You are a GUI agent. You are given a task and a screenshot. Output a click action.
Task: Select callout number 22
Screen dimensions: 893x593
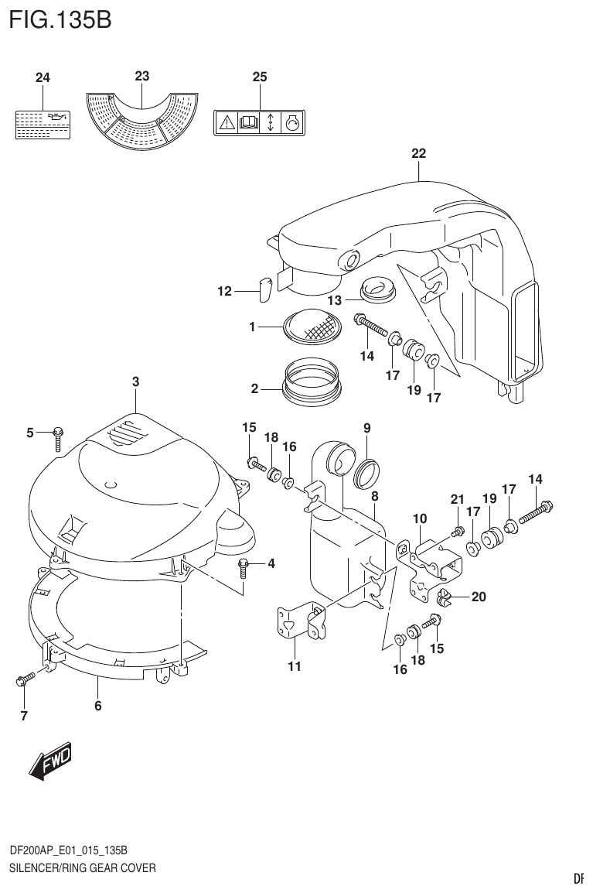tap(418, 153)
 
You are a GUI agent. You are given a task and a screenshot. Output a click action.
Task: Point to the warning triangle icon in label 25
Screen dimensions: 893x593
tap(227, 122)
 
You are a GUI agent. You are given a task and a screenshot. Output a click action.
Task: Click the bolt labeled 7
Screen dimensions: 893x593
tap(22, 680)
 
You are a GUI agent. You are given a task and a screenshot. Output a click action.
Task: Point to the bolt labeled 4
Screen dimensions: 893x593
tap(244, 566)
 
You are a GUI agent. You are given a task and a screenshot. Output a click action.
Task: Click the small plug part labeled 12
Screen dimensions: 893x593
tap(263, 289)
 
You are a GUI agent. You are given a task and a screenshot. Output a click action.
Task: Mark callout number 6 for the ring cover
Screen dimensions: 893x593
tap(98, 705)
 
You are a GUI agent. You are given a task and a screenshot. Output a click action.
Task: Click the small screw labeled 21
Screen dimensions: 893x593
tap(457, 531)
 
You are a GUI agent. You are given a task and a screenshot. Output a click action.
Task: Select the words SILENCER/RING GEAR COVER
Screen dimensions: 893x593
tap(82, 867)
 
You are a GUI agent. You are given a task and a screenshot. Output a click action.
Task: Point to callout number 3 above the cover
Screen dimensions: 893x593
tap(135, 381)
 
